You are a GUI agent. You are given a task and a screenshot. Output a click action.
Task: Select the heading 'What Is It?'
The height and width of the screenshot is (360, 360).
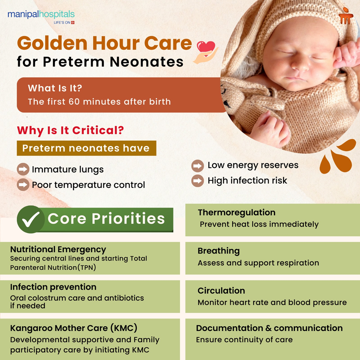[x=55, y=88]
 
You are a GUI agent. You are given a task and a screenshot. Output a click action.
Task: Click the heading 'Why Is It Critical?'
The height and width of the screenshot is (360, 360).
[x=70, y=130]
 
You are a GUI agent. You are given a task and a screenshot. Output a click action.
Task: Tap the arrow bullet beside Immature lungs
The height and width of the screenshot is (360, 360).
[x=23, y=169]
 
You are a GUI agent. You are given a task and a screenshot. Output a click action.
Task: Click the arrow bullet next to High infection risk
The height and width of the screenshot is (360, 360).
[x=197, y=181]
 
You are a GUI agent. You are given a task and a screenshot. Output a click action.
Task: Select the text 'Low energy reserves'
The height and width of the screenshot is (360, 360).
[x=253, y=165]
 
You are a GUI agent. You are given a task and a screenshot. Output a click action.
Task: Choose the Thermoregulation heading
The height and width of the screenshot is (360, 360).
[x=236, y=212]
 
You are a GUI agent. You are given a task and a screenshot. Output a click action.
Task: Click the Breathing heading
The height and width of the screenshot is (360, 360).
[x=218, y=251]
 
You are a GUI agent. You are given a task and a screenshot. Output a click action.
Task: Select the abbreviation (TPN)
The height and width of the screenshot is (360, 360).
[x=86, y=267]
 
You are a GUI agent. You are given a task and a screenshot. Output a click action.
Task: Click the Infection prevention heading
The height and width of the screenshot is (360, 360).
[x=53, y=287]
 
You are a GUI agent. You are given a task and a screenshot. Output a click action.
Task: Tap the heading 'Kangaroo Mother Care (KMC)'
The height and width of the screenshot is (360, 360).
[x=73, y=328]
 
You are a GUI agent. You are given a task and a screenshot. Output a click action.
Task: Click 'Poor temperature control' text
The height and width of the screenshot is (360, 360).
[x=88, y=185]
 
